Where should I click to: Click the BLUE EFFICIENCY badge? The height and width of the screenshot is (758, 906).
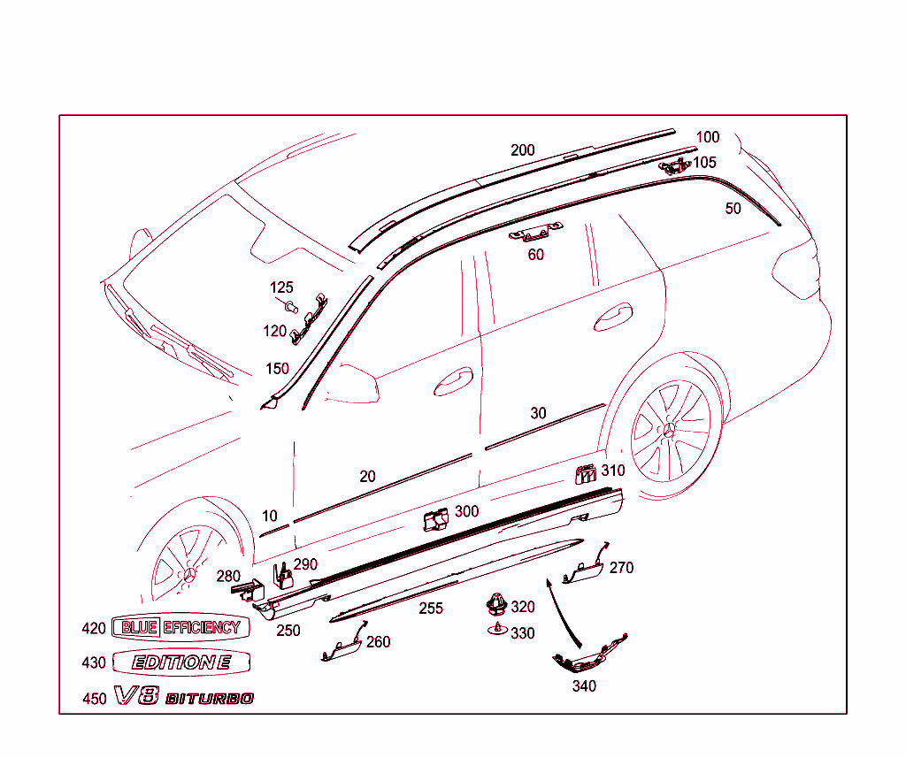180,628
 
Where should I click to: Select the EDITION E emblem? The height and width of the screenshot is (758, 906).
180,662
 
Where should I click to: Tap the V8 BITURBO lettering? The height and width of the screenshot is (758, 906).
182,698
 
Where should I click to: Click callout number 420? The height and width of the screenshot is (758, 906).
94,629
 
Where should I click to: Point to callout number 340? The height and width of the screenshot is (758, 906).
584,685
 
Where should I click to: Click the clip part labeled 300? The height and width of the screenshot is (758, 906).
434,520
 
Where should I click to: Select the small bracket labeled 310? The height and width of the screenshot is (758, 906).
584,474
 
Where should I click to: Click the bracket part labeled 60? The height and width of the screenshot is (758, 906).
534,233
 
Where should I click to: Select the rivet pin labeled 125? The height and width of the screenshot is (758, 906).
289,305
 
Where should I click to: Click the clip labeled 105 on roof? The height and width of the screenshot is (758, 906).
676,165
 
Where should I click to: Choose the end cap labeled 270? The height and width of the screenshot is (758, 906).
585,570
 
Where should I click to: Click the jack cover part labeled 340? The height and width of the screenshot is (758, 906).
587,653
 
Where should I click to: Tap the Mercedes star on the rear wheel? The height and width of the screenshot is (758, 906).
669,430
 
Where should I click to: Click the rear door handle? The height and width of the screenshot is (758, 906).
612,317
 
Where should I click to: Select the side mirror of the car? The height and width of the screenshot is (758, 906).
356,385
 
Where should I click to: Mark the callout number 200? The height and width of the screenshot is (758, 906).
522,150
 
